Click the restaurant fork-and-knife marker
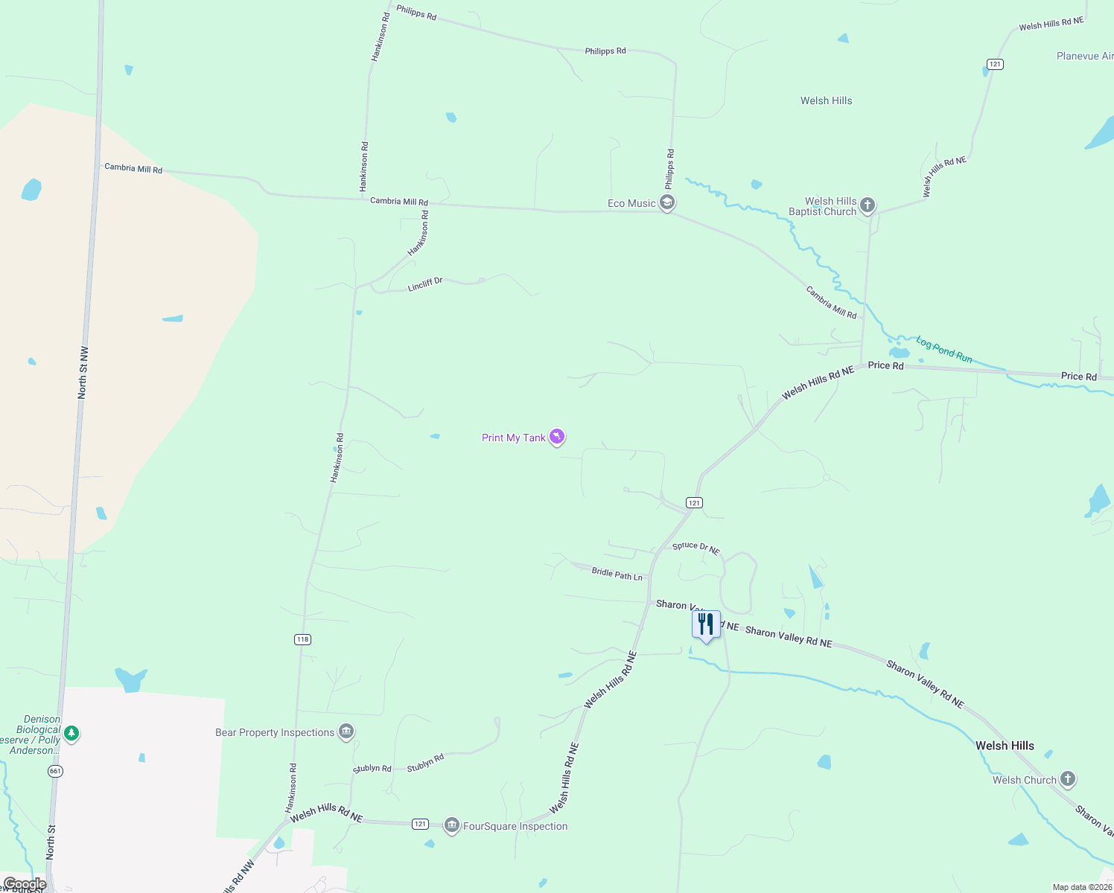coord(706,624)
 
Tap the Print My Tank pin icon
coord(557,437)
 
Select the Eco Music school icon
coord(667,202)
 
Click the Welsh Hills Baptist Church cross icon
coord(867,205)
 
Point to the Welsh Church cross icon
coord(1068,779)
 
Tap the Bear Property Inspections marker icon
coord(346,732)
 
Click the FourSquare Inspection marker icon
coord(451,825)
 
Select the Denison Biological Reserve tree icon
coord(71,734)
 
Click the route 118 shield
coord(302,639)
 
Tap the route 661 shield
coord(55,771)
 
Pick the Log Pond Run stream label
coord(943,350)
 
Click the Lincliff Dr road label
coord(425,284)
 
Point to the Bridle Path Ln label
coord(617,574)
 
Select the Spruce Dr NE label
coord(696,548)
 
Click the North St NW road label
coord(83,372)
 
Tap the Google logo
coord(25,884)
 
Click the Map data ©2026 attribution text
coord(1082,887)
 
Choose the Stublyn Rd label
coord(425,763)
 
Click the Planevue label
coord(1084,56)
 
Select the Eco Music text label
coord(631,203)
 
